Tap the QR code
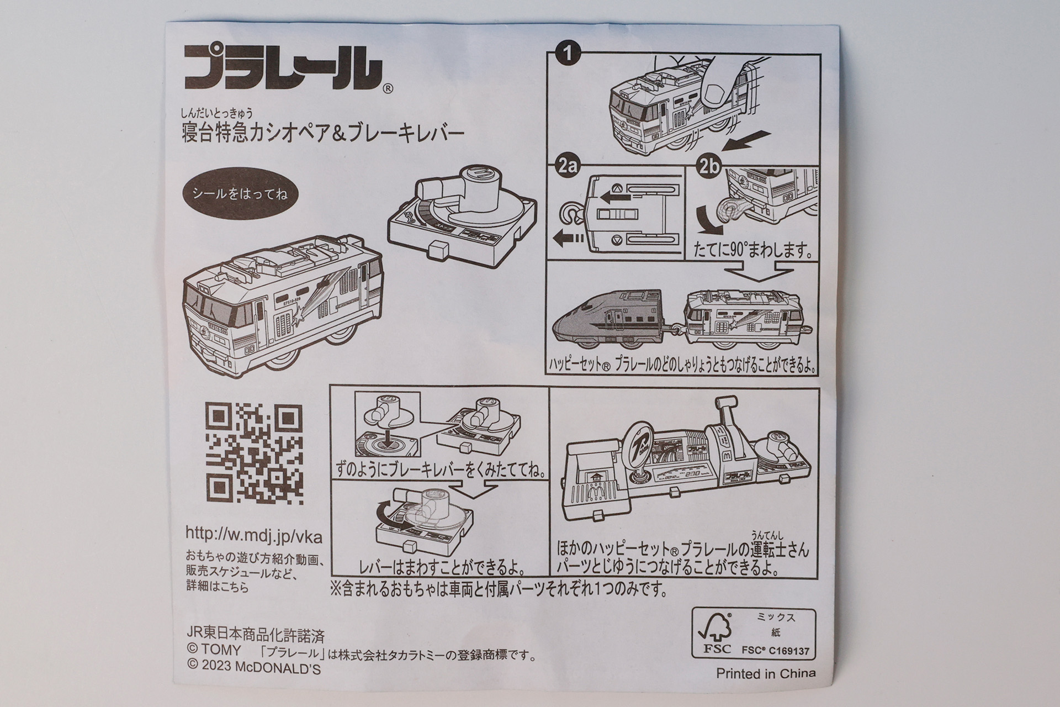point(255,453)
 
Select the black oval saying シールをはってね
point(239,194)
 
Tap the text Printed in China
point(765,673)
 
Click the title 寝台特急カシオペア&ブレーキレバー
point(322,133)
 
